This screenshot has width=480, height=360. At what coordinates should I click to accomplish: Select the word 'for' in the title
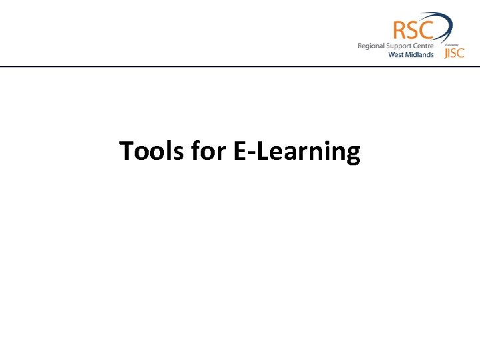click(208, 152)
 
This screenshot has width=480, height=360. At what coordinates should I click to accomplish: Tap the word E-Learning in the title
click(297, 153)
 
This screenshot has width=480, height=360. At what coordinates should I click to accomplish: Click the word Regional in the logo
click(371, 46)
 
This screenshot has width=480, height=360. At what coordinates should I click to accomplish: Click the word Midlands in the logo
click(420, 55)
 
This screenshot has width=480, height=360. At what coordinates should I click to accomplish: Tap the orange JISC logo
click(454, 53)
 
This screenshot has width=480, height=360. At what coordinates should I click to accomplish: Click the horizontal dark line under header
click(240, 67)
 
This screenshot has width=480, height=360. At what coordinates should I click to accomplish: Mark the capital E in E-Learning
click(239, 152)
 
